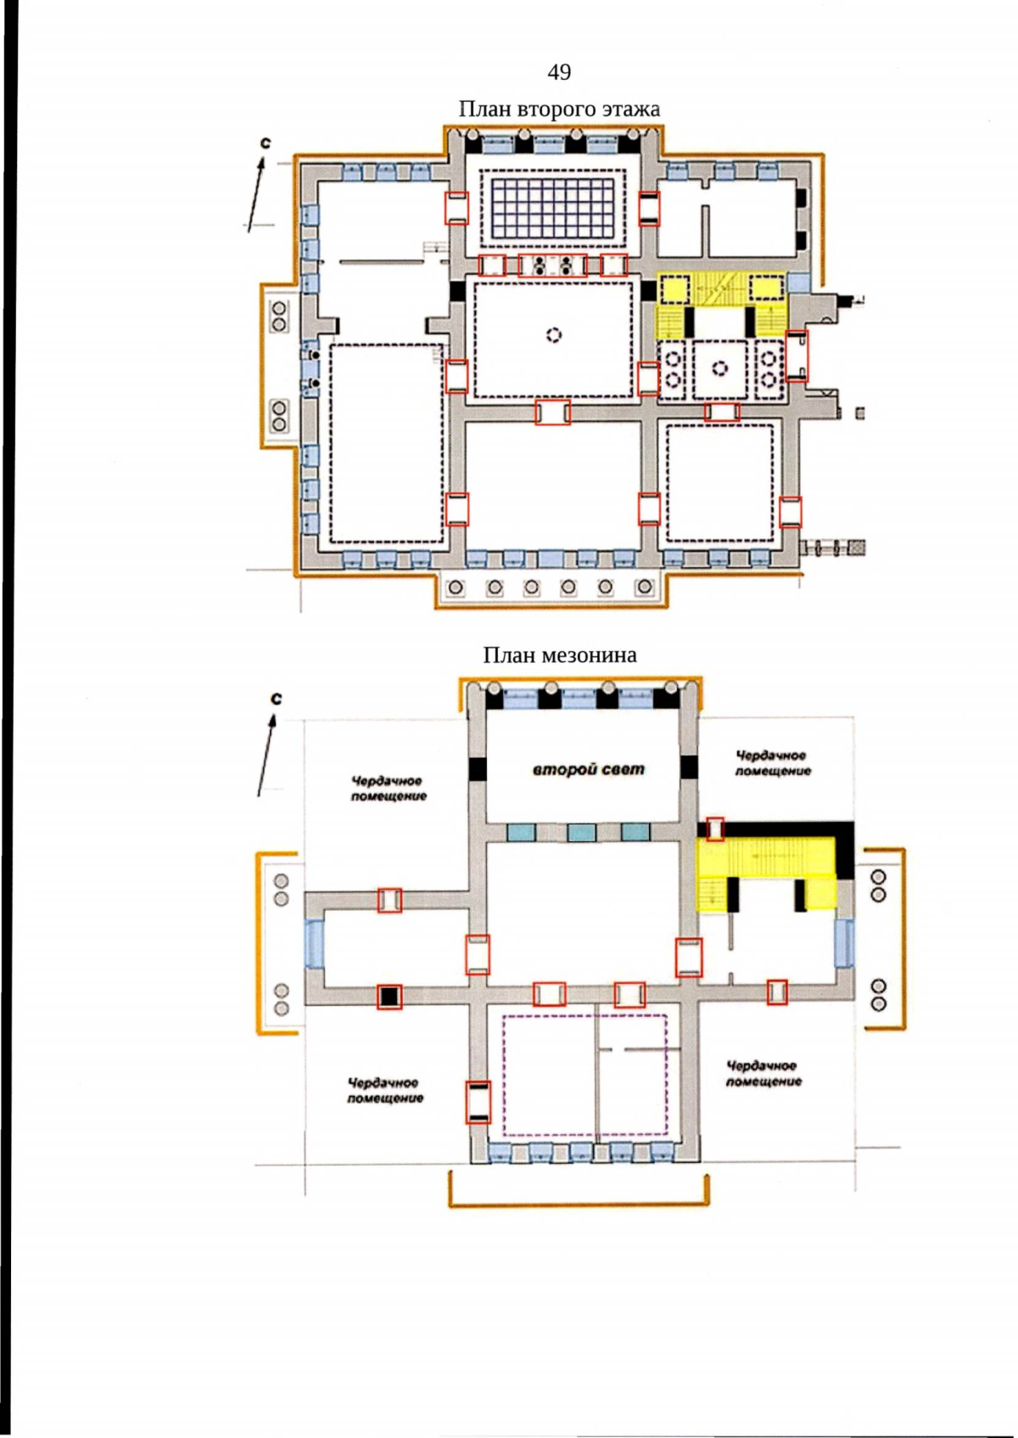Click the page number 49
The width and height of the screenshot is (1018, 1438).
click(559, 72)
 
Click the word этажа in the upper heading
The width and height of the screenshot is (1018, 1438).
click(630, 109)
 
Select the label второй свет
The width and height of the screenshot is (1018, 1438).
click(588, 770)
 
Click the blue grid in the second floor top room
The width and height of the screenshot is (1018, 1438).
click(553, 208)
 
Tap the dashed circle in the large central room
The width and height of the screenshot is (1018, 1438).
click(554, 334)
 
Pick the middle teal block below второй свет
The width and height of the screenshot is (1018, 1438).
click(581, 833)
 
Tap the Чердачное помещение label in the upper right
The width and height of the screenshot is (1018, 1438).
click(772, 764)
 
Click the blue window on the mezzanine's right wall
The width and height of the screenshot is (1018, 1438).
click(845, 942)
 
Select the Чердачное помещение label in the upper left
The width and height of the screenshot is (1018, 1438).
click(389, 789)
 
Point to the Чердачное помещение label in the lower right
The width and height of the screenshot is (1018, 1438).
click(763, 1074)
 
